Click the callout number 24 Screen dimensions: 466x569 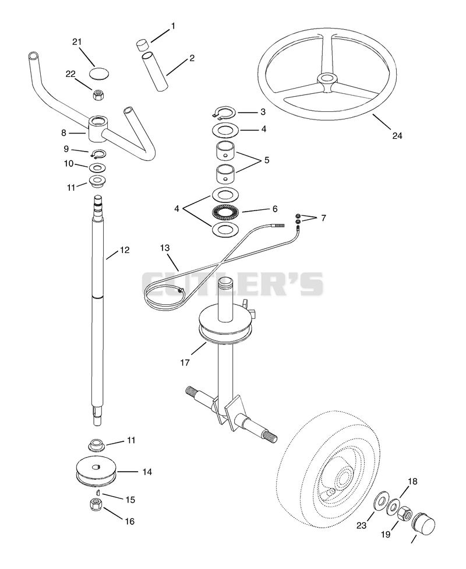[397, 135]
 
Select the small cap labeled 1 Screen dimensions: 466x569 [142, 45]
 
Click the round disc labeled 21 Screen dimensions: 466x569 [99, 73]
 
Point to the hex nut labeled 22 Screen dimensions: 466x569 [97, 95]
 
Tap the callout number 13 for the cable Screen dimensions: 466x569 [165, 248]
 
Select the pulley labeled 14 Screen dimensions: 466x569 [97, 472]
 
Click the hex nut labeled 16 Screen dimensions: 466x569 [96, 503]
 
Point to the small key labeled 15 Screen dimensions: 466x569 [98, 491]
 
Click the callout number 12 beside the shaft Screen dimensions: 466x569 [125, 250]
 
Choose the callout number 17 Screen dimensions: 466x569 [185, 362]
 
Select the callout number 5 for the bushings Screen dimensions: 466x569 [267, 160]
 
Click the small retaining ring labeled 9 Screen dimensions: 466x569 [98, 154]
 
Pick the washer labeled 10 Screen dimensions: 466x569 [97, 168]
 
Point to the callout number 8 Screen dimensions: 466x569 [64, 133]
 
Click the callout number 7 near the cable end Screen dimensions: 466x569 [323, 217]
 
